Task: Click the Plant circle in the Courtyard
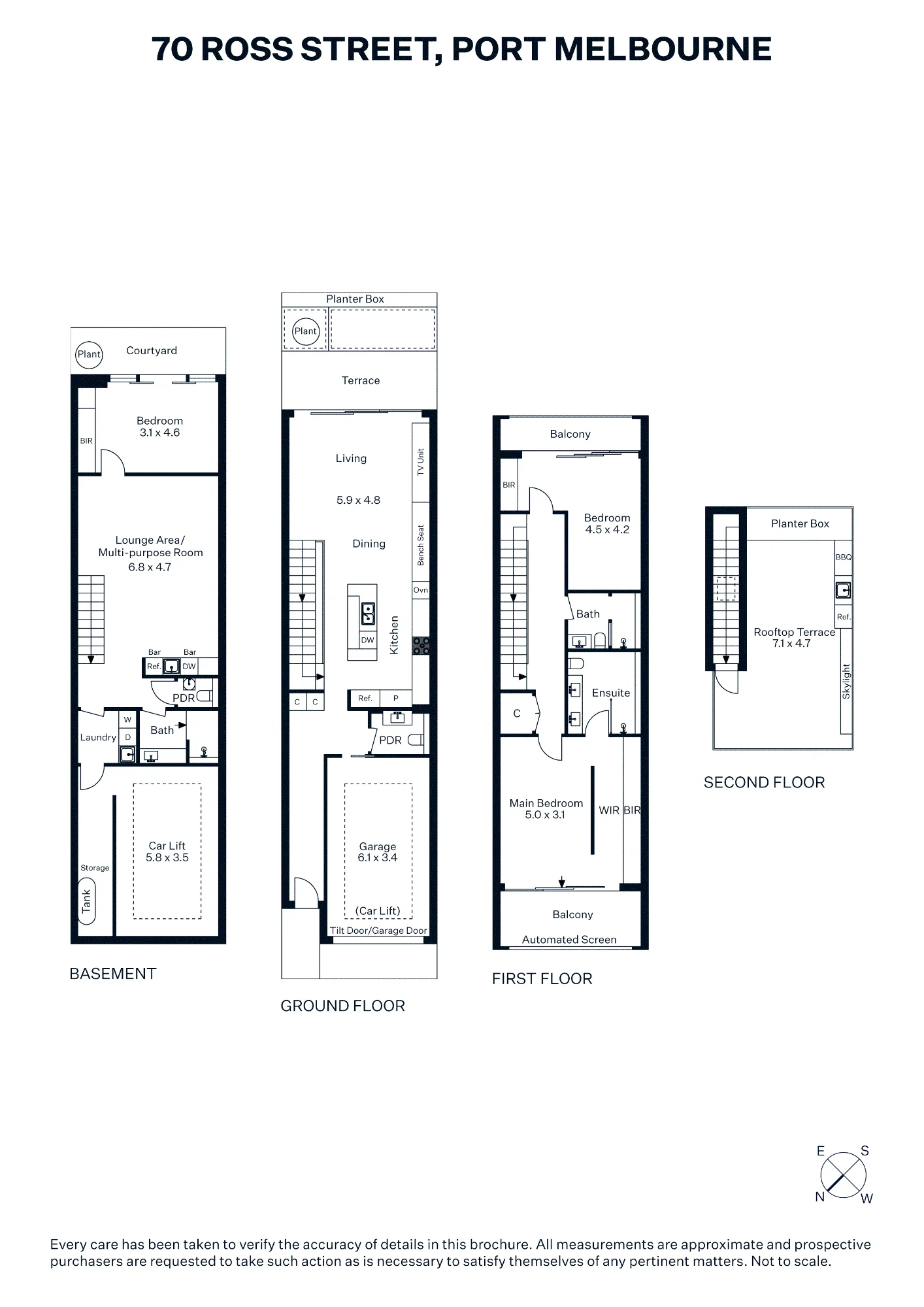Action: [89, 355]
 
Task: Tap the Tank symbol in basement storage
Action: [86, 901]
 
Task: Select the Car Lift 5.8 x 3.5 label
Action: [167, 852]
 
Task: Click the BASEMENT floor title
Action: [113, 974]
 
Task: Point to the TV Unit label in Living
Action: [421, 461]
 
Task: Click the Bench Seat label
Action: [421, 545]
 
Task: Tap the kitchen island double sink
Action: [368, 614]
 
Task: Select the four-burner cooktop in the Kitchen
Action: [421, 646]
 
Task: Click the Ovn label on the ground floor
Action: [421, 590]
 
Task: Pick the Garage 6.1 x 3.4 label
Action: [378, 852]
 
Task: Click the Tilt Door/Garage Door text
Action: [378, 931]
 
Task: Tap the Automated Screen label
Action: [569, 940]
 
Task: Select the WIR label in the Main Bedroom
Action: [609, 810]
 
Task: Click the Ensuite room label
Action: [611, 693]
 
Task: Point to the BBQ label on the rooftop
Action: [844, 557]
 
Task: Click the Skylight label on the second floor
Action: [846, 682]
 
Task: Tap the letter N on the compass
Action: [820, 1197]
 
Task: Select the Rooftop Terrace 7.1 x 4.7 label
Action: [795, 638]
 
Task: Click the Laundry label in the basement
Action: [98, 738]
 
